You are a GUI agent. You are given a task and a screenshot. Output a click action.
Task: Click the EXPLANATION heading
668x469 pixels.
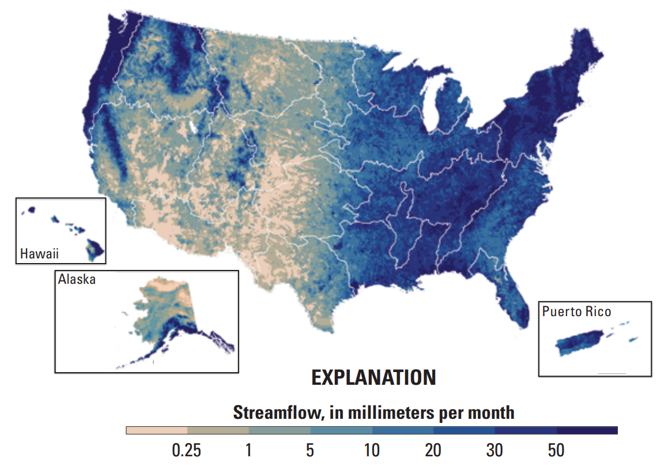coord(373,377)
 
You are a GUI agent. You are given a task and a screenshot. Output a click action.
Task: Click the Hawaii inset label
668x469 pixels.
coord(40,253)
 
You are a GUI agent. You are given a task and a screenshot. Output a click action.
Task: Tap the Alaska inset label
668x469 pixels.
coord(77,280)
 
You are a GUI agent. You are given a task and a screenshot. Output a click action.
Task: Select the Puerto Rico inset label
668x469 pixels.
coord(576,312)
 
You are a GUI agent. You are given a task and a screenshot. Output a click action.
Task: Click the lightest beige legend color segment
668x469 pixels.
coord(157,430)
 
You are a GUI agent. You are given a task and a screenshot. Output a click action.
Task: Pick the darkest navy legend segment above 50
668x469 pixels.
coord(587,430)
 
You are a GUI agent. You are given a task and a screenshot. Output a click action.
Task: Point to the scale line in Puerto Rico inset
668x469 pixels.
coord(612,374)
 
